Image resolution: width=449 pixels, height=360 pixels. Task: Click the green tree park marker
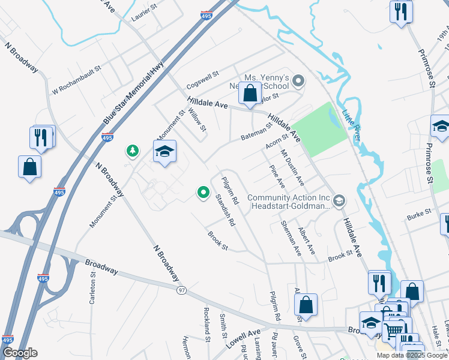(x=132, y=151)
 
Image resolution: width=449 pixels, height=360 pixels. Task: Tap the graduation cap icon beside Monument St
(x=164, y=152)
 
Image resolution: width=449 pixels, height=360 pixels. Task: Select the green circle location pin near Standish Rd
(x=203, y=193)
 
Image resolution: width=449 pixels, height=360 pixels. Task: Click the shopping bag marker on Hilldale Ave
(x=250, y=94)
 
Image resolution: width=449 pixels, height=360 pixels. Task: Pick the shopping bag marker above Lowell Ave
(x=306, y=305)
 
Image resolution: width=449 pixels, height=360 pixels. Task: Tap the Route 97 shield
(x=181, y=290)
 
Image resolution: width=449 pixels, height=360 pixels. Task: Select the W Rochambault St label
(x=76, y=81)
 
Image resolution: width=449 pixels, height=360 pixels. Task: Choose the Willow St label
(x=197, y=120)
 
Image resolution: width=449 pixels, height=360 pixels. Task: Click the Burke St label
(x=420, y=212)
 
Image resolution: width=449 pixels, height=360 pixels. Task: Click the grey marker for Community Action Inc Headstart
(x=340, y=200)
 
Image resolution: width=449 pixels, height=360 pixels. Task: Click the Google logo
(x=20, y=353)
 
